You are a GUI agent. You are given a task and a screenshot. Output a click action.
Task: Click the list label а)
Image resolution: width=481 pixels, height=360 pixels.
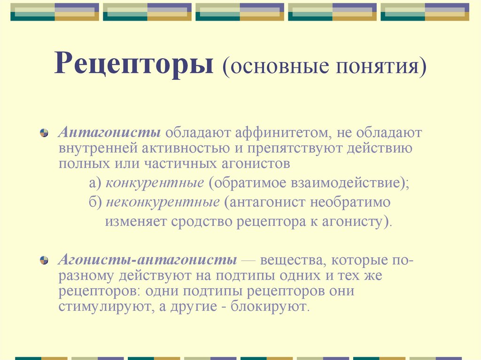tap(95, 183)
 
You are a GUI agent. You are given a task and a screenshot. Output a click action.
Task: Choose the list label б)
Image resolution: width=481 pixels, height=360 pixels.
tap(95, 203)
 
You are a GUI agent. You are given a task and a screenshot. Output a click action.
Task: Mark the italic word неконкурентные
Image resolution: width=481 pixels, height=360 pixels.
tap(163, 203)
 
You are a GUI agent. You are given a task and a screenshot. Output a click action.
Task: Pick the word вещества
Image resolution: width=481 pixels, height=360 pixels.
tap(291, 260)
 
